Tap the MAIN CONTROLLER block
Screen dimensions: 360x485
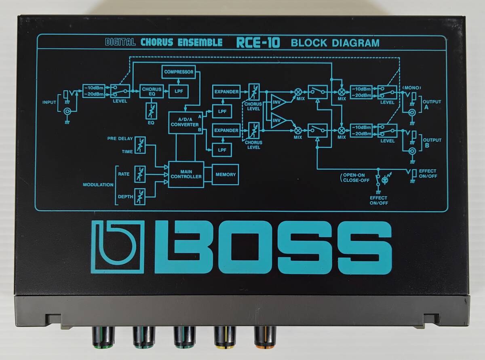186,174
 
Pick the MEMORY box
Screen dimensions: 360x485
225,175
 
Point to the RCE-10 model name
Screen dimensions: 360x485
259,42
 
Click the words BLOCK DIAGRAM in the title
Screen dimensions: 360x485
335,42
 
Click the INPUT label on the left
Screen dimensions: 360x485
49,102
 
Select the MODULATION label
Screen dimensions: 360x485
98,185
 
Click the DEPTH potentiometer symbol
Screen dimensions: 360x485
140,196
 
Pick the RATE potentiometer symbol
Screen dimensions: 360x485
140,174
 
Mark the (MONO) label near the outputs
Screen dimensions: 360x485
411,87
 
